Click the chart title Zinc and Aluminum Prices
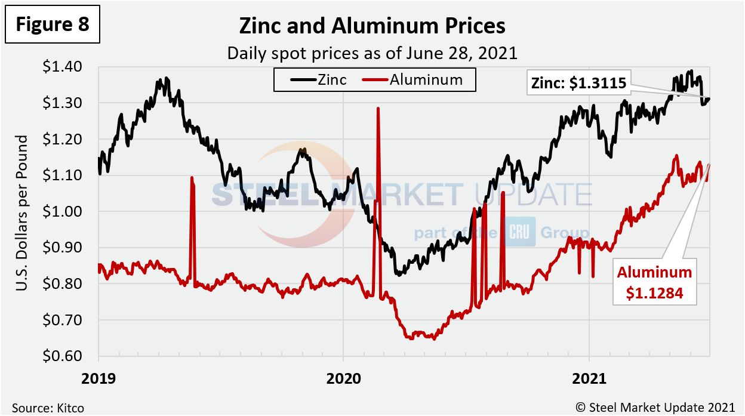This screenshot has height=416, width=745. click(372, 26)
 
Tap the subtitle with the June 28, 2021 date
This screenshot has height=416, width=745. click(372, 53)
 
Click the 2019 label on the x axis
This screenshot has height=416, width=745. click(98, 378)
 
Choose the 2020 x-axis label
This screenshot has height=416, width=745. click(343, 378)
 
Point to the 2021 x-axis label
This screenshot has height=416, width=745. click(589, 378)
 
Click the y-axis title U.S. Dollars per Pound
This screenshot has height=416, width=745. click(22, 213)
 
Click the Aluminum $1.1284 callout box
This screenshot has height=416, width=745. click(655, 282)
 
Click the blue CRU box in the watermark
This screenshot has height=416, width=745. click(521, 232)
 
